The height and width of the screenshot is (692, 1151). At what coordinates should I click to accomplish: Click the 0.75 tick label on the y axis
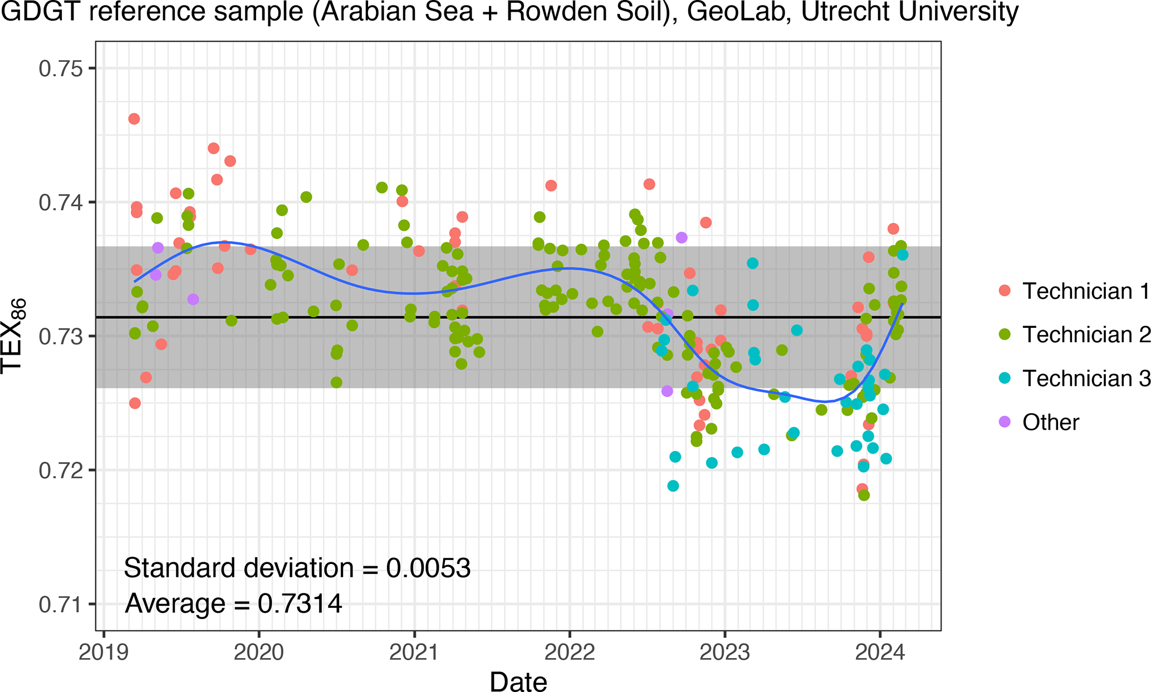tap(60, 68)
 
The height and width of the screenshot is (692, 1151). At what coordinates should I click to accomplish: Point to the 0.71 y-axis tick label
tap(60, 605)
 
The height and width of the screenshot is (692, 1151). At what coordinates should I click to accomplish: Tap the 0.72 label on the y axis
tap(60, 470)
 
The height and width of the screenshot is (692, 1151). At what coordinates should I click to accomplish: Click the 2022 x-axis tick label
tap(569, 652)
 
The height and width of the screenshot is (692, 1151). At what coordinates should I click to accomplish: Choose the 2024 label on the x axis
tap(879, 652)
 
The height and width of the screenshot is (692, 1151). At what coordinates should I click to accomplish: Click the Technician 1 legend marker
tap(1005, 291)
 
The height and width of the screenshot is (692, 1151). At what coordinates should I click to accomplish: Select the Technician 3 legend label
tap(1086, 379)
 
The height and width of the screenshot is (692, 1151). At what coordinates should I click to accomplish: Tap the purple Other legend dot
tap(1005, 422)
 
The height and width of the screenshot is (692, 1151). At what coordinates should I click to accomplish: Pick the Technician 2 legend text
tap(1086, 335)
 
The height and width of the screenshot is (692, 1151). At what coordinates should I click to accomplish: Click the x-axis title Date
tap(518, 681)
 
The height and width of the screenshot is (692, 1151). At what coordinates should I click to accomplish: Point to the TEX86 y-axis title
tap(13, 336)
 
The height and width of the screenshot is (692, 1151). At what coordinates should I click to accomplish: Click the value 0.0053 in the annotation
tap(429, 568)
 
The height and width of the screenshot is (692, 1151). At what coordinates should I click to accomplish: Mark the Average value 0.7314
tap(300, 603)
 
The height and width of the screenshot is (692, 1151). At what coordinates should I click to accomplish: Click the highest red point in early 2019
tap(134, 119)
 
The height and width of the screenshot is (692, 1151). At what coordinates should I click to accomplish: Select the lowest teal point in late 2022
tap(673, 485)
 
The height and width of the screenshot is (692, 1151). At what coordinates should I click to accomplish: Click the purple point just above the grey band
tap(681, 238)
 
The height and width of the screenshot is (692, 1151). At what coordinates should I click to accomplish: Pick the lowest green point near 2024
tap(864, 495)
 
